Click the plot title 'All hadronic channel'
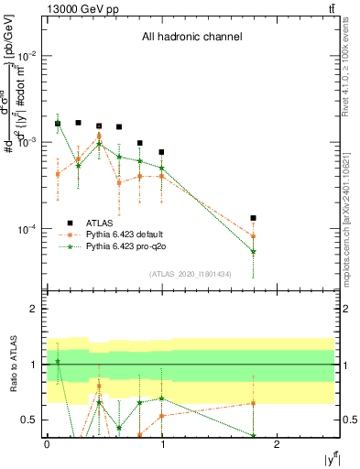coord(191,38)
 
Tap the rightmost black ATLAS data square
coord(253,218)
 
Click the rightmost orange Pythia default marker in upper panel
coord(253,236)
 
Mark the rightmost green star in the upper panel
coord(253,251)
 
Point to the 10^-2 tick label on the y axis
coord(29,56)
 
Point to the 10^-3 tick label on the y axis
coord(29,142)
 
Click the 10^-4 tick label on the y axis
coord(29,229)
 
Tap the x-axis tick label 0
coord(47,443)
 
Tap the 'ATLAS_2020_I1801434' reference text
coord(191,274)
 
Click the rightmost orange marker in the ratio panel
coord(253,403)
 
